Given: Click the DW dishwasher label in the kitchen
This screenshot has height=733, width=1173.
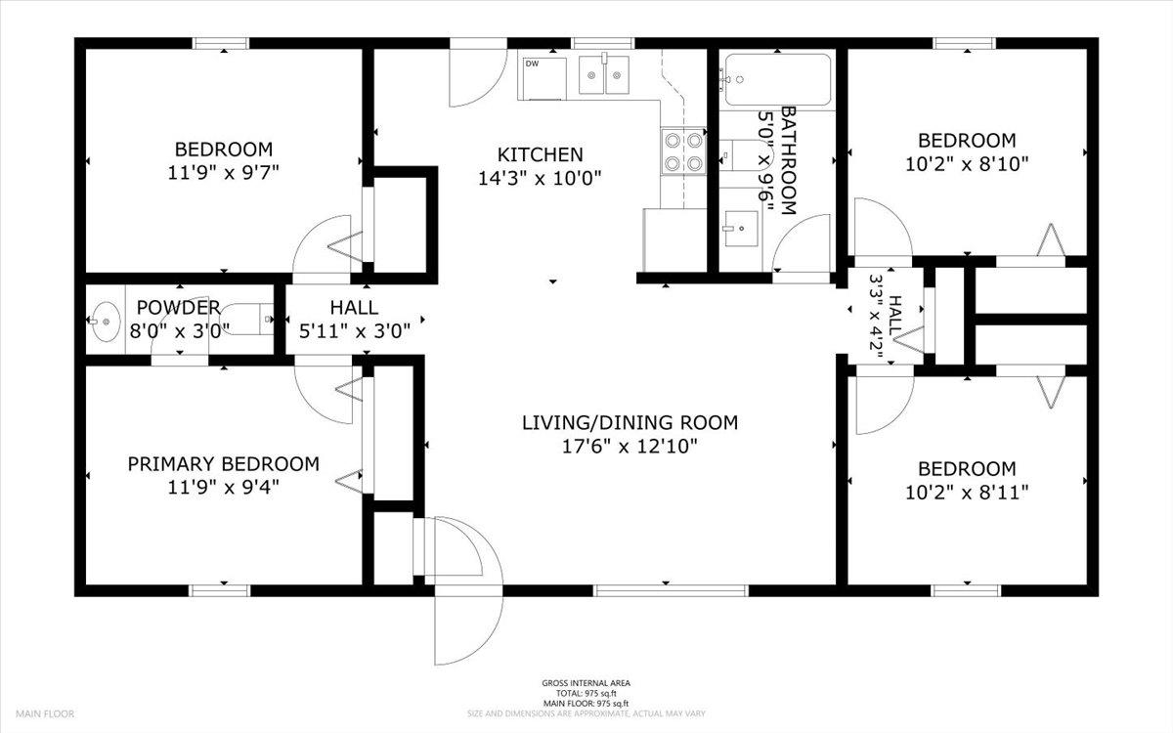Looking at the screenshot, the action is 532,64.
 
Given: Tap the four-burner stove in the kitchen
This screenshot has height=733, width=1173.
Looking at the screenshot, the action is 683,151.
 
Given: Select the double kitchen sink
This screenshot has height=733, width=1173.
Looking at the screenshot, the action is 604,75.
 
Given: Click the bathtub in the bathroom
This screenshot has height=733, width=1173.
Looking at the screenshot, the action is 778,79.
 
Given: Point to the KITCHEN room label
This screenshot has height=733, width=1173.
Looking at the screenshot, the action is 540,154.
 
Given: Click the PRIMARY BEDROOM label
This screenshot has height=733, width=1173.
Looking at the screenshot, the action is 224,464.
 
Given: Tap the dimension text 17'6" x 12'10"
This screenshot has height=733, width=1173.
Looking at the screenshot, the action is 630,447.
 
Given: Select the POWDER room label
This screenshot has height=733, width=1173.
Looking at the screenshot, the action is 179,307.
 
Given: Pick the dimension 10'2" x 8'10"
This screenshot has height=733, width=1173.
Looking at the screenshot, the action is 967,164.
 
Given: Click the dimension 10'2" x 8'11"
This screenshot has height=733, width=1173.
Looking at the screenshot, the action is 967,493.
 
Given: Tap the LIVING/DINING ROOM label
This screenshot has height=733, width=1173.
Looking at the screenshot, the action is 630,422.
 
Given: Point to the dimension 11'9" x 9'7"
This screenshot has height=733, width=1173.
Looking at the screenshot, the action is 223,173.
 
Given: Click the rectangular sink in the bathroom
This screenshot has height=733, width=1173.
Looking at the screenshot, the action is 741,229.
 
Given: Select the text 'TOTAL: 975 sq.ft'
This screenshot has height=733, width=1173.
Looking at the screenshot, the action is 586,693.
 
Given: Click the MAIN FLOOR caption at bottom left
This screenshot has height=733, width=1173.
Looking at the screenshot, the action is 45,713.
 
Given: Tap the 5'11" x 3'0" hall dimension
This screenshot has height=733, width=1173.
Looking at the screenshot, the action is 355,331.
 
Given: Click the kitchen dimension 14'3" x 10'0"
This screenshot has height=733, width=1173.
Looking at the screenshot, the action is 540,179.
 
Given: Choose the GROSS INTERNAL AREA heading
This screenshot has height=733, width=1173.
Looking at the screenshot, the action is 586,683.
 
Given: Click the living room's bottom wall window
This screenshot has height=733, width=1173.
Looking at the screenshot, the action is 671,590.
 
